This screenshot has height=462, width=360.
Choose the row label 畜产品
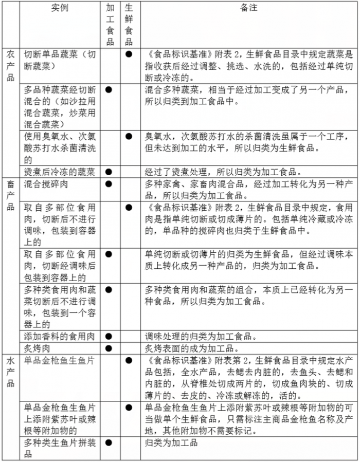(10, 195)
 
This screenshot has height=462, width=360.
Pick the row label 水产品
(10, 372)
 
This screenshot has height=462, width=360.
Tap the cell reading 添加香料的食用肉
(60, 337)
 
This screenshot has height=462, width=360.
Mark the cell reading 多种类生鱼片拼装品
(60, 448)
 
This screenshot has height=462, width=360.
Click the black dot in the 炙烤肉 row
(109, 348)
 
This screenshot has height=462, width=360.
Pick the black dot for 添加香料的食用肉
(109, 337)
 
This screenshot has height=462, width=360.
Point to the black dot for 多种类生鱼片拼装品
(109, 442)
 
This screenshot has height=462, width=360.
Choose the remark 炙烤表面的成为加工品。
(192, 348)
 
